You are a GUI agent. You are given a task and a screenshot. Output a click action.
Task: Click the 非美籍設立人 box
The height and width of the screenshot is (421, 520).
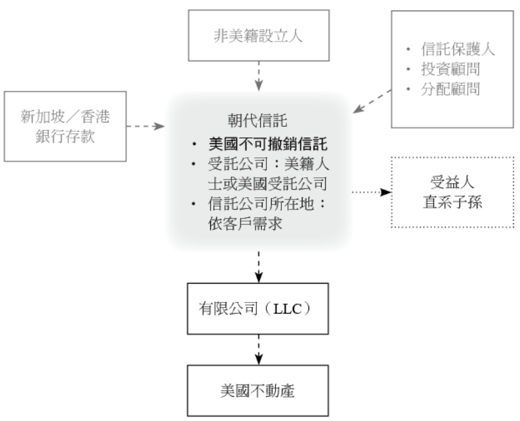click(259, 35)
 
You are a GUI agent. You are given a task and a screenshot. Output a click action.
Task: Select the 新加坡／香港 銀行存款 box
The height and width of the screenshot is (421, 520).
click(64, 126)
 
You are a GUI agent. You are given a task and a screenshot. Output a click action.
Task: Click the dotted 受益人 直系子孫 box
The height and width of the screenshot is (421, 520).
click(453, 192)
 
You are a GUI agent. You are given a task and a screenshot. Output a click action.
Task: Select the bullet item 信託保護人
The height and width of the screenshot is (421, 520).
click(457, 50)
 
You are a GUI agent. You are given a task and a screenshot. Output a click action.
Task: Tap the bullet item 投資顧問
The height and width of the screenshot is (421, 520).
click(450, 70)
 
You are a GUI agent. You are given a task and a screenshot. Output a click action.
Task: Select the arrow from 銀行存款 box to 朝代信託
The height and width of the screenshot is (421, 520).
click(146, 126)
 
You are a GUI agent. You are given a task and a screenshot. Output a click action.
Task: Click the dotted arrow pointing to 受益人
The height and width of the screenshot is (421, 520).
click(371, 192)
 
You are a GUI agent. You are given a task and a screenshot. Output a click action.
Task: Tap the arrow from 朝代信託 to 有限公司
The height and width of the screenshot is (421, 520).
click(259, 266)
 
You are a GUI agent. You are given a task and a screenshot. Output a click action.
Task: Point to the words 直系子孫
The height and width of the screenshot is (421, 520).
click(453, 202)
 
